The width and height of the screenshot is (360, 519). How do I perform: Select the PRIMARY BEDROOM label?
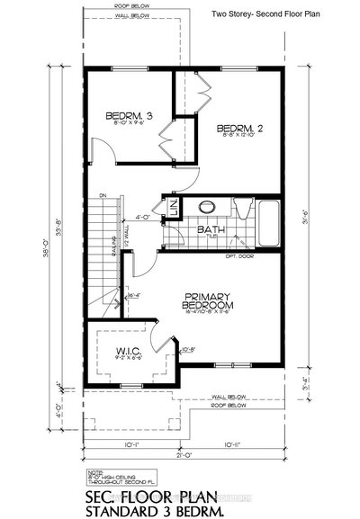tap(208, 300)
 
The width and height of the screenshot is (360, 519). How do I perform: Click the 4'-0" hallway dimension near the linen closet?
tap(140, 217)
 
